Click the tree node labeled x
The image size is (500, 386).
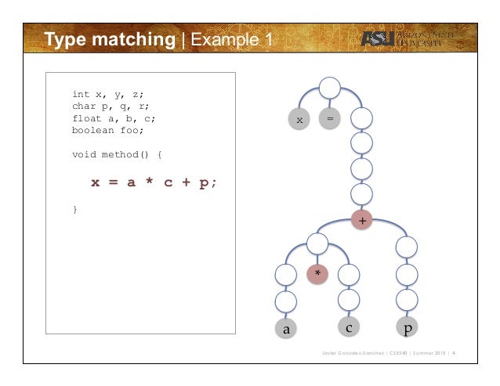(x=299, y=119)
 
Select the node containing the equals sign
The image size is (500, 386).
(x=330, y=119)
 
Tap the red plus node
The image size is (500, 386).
(x=361, y=221)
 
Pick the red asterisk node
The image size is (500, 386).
(x=317, y=273)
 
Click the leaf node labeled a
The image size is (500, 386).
(x=287, y=330)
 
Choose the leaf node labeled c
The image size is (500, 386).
(x=349, y=326)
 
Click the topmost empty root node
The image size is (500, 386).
(x=330, y=88)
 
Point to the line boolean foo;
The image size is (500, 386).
(x=105, y=131)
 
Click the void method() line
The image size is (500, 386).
(x=117, y=155)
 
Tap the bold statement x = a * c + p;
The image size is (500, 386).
(x=154, y=182)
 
